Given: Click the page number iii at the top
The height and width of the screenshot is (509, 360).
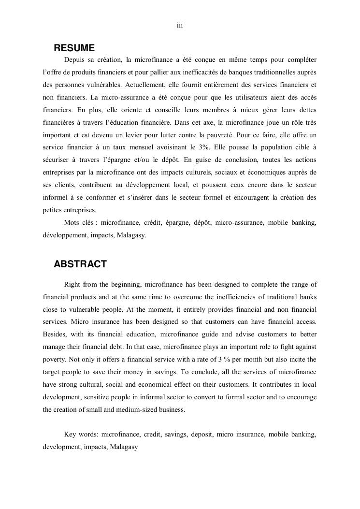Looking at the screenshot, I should pos(179,26).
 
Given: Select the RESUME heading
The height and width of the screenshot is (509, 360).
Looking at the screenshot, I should pos(74,48).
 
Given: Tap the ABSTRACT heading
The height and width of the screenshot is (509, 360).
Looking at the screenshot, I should pos(80,264).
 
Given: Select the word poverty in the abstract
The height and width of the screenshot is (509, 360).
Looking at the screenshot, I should pos(54,359).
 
